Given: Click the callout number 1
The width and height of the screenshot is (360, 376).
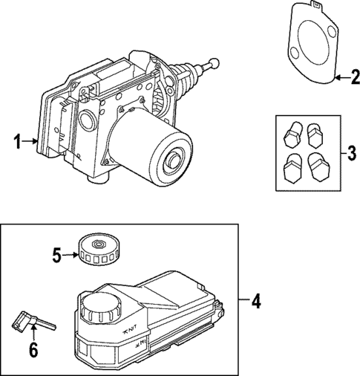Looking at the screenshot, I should [16, 140].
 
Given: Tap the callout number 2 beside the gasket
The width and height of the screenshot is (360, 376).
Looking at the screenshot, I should [352, 77].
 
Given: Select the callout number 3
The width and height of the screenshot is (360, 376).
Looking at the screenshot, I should [352, 154].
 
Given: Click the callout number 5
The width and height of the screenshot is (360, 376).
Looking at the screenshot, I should [56, 255].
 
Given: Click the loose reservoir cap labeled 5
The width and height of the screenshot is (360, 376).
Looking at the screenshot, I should [96, 248].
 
